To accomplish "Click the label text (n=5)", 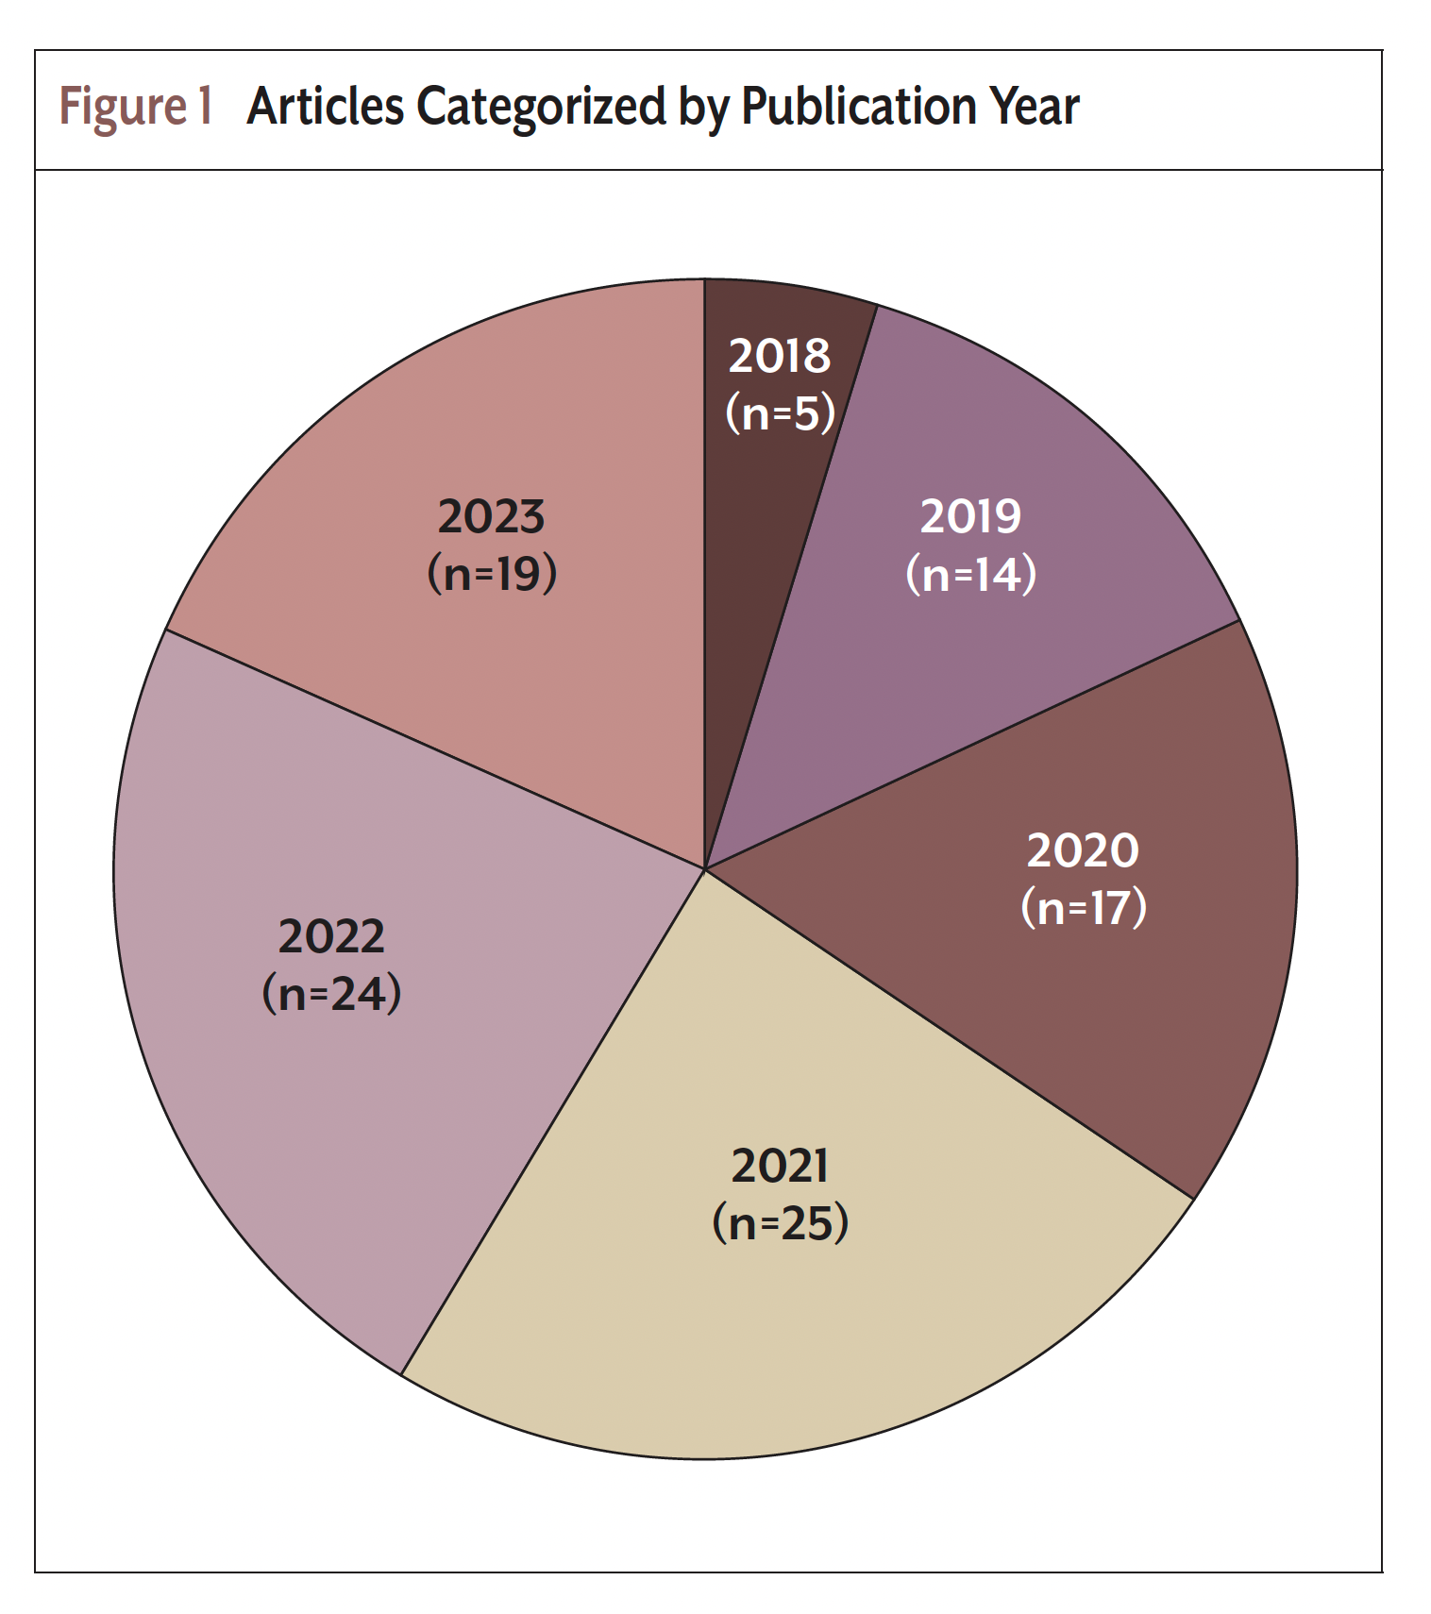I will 781,412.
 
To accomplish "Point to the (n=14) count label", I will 970,574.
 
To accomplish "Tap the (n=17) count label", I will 1084,907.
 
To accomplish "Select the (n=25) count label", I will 781,1223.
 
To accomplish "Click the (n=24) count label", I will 331,993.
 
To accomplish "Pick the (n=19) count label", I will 492,573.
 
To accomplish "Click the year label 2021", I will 780,1166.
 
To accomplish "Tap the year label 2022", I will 331,936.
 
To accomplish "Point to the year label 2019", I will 970,516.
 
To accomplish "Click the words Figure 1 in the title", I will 136,107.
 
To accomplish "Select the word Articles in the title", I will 326,107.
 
